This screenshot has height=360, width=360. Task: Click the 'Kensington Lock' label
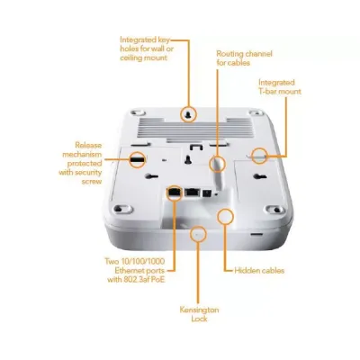pos(199,314)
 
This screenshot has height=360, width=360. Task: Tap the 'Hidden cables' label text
pos(259,271)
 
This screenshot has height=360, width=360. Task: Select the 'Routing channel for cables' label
pos(244,58)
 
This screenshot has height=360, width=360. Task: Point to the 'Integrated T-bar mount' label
pos(280,86)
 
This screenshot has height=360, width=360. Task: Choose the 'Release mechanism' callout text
pos(80,163)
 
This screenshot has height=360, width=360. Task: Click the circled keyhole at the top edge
pos(189,114)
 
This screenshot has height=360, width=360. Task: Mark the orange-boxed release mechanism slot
pos(138,159)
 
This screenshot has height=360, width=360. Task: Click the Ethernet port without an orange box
pos(192,192)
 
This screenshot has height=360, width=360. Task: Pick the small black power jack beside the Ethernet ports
pos(207,193)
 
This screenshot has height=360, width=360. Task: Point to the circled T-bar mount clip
pos(259,156)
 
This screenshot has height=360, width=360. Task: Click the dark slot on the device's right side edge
pos(256,234)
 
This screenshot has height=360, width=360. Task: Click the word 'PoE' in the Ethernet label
pos(157,280)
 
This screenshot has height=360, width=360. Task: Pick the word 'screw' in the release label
pos(92,182)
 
